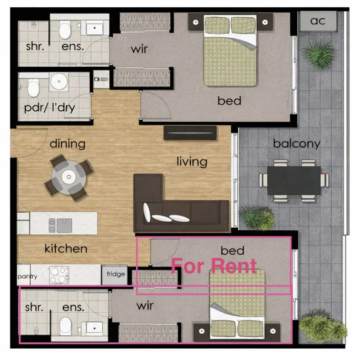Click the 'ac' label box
coord(317,20)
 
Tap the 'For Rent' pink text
coord(214,266)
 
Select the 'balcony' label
coord(297,143)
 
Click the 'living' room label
coord(192,161)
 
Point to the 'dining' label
coord(67,143)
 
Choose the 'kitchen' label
coord(65,249)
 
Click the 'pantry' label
coord(27,277)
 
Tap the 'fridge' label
coord(117,276)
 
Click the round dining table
coord(68,176)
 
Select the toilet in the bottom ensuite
coord(64,325)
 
